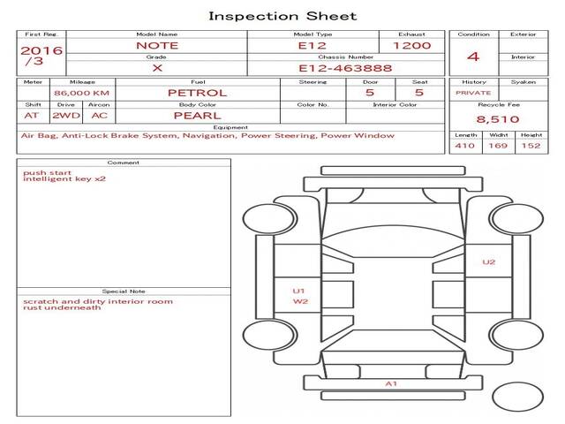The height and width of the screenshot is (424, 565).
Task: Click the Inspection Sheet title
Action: click(282, 16)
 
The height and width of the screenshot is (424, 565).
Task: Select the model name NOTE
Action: click(157, 45)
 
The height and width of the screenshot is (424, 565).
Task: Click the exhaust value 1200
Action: click(411, 45)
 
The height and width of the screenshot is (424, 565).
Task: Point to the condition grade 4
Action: click(473, 57)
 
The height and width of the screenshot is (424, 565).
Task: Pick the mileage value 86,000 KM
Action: click(81, 93)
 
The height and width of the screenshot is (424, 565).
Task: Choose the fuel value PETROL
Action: click(197, 93)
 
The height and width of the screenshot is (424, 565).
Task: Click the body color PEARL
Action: click(197, 116)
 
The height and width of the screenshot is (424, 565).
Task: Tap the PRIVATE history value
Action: click(473, 92)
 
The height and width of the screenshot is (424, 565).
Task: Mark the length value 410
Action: click(464, 146)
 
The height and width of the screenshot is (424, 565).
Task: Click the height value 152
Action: click(531, 146)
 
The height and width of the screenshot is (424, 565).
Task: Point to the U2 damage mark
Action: click(488, 261)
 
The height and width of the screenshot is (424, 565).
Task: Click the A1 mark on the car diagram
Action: click(391, 383)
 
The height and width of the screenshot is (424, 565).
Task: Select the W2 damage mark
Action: click(300, 301)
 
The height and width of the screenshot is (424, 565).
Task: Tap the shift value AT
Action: click(32, 116)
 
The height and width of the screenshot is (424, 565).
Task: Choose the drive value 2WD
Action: click(64, 116)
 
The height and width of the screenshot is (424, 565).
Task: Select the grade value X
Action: click(157, 68)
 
